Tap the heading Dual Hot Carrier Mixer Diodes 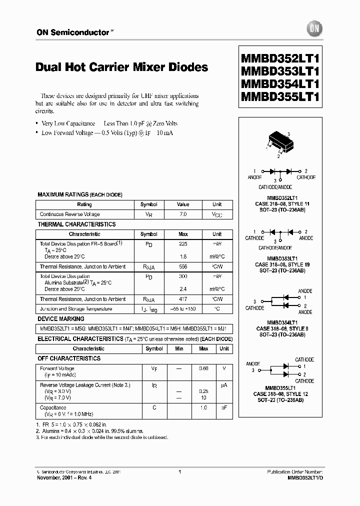[122, 67]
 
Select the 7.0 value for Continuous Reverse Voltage [183, 214]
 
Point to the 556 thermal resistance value [183, 267]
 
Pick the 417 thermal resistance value [183, 299]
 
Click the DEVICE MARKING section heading [61, 319]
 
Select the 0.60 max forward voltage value [203, 368]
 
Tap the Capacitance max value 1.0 [203, 407]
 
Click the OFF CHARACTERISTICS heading [69, 358]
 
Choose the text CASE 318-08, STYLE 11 [282, 204]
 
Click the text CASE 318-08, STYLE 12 [282, 393]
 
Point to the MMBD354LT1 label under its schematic [282, 322]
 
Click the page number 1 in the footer [179, 471]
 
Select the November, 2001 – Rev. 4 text [64, 477]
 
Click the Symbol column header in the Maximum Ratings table [148, 204]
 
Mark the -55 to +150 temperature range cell [183, 309]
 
